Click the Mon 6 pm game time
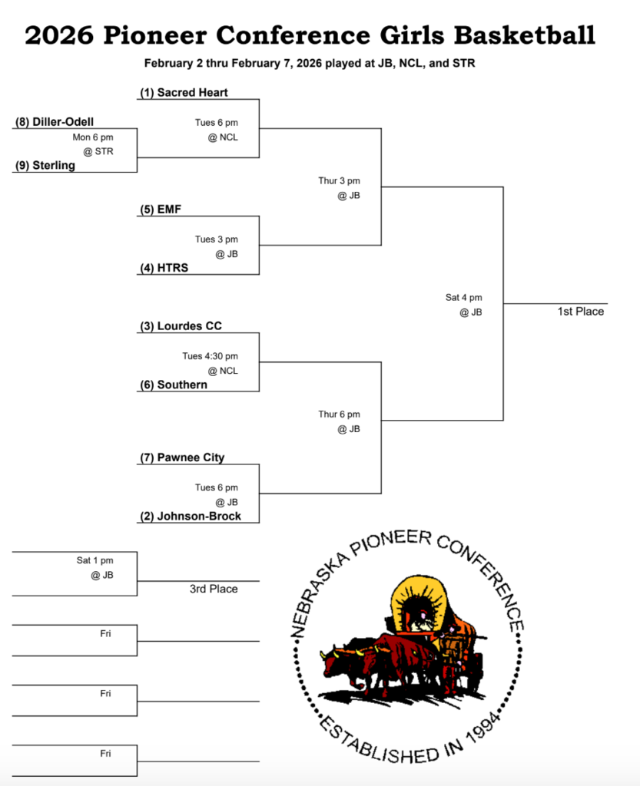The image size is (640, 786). coord(93,137)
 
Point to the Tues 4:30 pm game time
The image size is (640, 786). coord(210,356)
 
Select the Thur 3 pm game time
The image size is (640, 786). coord(339,181)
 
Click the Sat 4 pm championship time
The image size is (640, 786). coord(464,298)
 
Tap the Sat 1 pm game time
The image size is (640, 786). coord(95,560)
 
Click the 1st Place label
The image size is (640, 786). coord(581,312)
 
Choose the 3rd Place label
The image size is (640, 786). coord(214,589)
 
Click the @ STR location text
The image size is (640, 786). coord(98,151)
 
